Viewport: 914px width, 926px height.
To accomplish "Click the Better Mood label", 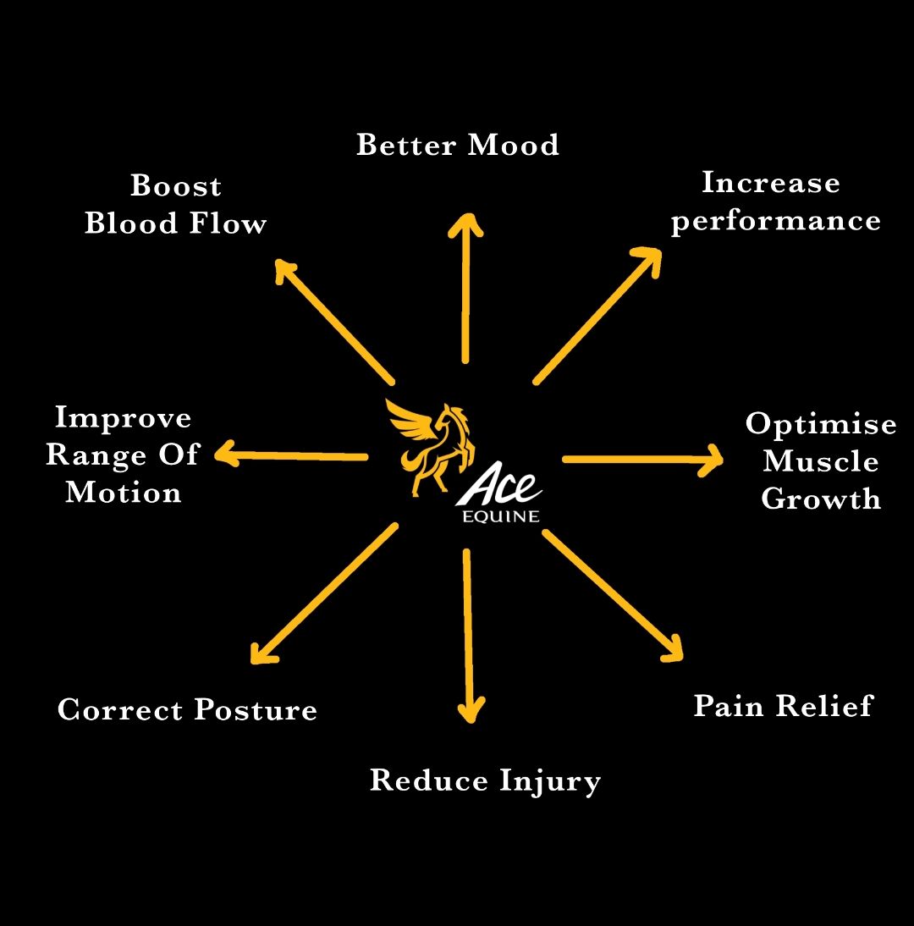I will click(x=458, y=146).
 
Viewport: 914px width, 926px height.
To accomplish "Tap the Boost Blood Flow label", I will click(x=176, y=205).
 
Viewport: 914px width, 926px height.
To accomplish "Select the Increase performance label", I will click(x=775, y=202).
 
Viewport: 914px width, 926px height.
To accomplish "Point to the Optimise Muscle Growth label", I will click(x=820, y=461).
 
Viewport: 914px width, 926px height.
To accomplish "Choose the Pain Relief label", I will click(x=783, y=706).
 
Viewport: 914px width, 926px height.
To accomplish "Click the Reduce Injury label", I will click(x=485, y=780).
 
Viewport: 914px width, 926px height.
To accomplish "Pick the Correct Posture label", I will click(x=187, y=709).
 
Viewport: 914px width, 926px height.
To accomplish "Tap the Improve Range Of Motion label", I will click(x=122, y=455).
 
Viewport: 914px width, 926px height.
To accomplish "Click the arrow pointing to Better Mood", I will click(x=465, y=288).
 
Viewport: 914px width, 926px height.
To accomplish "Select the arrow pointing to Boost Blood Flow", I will click(x=334, y=321).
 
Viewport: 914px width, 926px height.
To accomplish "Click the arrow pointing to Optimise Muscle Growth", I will click(x=643, y=460).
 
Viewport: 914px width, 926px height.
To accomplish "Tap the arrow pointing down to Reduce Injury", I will click(x=468, y=635).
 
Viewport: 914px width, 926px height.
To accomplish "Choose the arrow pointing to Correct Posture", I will click(x=324, y=593).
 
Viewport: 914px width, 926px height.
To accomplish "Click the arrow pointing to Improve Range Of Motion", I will click(x=292, y=456).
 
